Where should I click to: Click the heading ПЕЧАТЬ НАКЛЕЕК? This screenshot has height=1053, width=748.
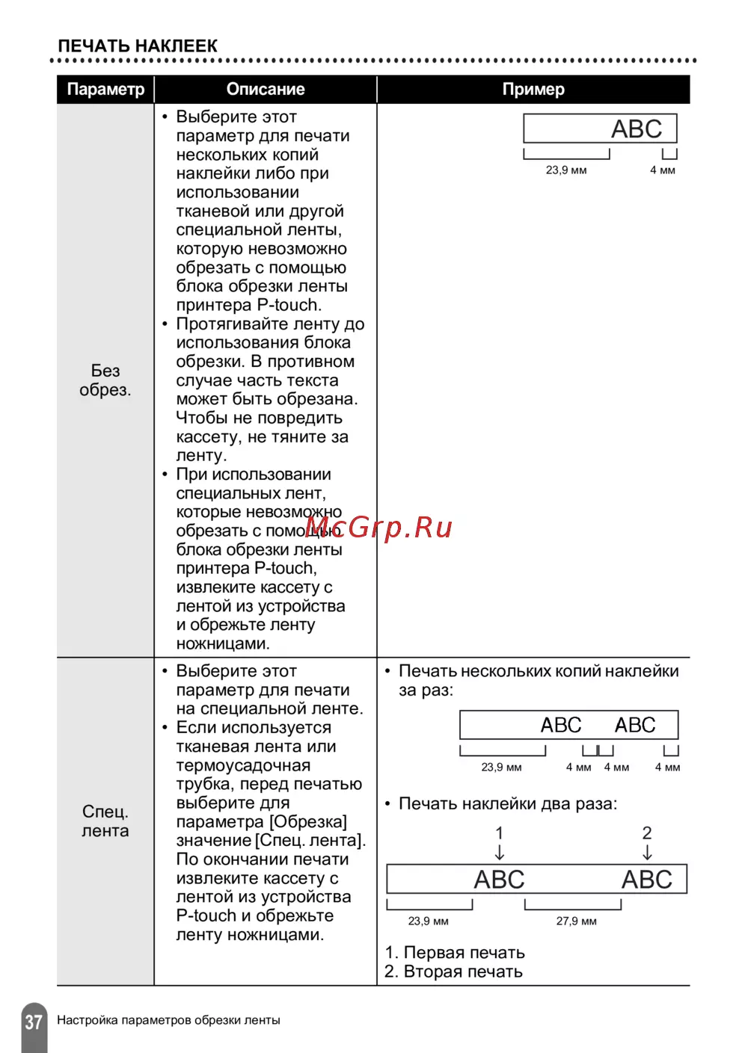138,46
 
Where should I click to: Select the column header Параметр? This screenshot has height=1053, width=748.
105,90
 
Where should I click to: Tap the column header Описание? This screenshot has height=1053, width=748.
266,90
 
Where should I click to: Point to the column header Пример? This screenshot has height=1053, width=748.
533,90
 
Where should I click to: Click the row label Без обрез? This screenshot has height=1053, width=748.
105,380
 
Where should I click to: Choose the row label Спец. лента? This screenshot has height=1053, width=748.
105,821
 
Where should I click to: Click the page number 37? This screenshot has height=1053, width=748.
34,1022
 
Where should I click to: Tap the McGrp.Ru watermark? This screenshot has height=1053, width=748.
379,528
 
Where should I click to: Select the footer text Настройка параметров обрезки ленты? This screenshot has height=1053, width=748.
168,1020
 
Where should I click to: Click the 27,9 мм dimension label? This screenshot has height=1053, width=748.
576,921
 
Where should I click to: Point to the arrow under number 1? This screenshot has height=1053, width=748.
500,853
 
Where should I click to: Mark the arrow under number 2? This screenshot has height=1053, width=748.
647,853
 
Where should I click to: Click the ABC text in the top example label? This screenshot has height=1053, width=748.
637,129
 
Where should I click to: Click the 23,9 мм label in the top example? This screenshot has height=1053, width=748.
566,170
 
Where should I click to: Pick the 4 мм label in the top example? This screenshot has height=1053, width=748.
663,170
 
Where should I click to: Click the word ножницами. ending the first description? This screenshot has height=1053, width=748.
223,643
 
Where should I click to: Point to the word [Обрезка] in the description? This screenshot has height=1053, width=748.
308,822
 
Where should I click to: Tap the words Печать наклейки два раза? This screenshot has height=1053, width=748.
507,804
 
